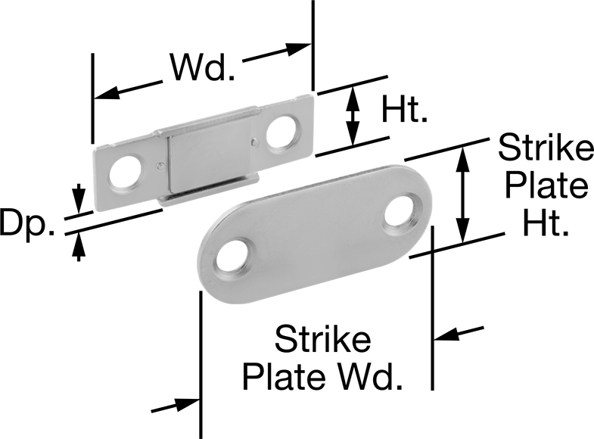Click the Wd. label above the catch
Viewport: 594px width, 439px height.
(203, 67)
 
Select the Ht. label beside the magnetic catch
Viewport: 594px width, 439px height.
(405, 109)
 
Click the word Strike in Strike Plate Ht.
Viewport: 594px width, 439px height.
(546, 147)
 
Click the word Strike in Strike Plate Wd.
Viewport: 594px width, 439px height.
(323, 339)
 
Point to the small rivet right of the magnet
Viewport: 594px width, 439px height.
(255, 142)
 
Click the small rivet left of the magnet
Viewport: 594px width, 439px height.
(161, 165)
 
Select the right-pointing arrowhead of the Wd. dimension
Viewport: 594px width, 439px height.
(299, 48)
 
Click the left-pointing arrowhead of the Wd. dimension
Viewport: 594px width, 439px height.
(107, 93)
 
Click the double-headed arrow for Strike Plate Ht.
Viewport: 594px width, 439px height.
(462, 195)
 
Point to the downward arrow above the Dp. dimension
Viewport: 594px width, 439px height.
(79, 198)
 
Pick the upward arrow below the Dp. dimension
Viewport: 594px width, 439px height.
(79, 247)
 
